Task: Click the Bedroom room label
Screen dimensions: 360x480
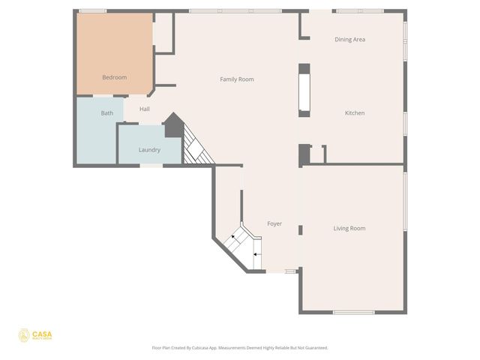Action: (115, 77)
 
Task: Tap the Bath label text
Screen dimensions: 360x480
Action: (107, 113)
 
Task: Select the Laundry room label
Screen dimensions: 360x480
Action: (149, 150)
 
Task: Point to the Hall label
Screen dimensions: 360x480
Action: (145, 109)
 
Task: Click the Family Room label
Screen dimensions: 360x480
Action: (237, 79)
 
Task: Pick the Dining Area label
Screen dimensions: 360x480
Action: (349, 39)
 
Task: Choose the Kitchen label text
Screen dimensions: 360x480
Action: (355, 113)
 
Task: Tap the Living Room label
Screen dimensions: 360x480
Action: (349, 228)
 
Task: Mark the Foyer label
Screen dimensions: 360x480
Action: (274, 223)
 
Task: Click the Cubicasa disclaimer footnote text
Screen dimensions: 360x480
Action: (240, 348)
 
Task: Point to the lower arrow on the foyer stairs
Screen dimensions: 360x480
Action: (255, 254)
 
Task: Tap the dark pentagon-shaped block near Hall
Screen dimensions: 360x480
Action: (173, 124)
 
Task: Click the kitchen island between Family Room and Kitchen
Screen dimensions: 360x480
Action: (304, 90)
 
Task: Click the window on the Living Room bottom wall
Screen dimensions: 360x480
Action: (353, 312)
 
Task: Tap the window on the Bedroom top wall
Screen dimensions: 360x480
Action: (92, 10)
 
